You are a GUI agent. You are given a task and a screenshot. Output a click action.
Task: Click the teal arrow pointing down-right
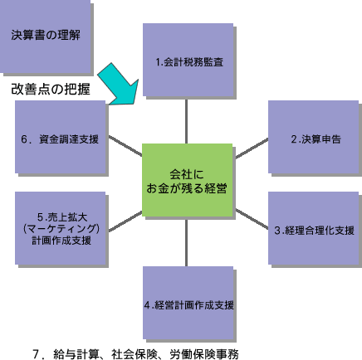point(119,85)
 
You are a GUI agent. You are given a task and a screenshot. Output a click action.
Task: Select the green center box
point(187,180)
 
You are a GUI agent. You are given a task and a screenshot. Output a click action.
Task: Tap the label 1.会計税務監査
point(189,62)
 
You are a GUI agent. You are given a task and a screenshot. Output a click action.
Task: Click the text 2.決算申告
point(316,139)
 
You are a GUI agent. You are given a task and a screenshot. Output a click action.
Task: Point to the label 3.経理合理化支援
point(315,231)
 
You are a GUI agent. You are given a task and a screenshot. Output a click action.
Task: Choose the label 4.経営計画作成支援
point(189,305)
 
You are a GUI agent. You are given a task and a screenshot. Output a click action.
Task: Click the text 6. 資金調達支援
point(60,139)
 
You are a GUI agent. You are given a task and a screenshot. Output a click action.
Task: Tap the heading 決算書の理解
point(46,35)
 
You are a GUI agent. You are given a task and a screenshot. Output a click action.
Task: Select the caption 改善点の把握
point(51,89)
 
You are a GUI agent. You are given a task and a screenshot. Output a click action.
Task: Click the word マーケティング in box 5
point(61,229)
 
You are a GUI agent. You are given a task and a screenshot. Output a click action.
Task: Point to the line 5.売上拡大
point(62,217)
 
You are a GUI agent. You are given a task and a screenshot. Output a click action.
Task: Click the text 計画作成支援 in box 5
point(61,241)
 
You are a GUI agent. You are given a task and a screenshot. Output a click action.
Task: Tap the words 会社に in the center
point(187,174)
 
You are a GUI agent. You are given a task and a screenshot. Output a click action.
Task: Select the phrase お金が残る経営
point(187,188)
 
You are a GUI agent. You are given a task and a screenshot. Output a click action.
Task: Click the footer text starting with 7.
point(135,354)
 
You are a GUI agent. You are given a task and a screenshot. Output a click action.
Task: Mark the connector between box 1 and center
point(187,121)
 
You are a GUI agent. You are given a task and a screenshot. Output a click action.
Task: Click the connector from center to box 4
point(187,241)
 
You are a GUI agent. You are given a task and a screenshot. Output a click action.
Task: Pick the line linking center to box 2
point(252,148)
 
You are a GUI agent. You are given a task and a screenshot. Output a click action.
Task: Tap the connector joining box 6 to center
point(125,146)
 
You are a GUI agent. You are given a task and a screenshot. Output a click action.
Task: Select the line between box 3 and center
point(252,219)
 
